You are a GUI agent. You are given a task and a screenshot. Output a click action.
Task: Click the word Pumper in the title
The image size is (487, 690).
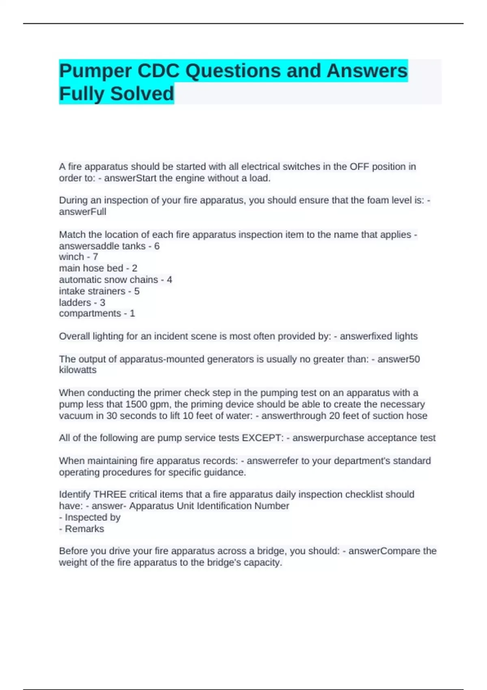point(96,71)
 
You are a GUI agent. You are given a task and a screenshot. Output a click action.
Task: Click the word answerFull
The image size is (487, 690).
point(82,212)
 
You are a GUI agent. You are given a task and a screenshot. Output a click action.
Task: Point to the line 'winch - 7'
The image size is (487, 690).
point(78,257)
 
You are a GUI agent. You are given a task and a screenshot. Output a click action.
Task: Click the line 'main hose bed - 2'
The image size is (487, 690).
point(98,268)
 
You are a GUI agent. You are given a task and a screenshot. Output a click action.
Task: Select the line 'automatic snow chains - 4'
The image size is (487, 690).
point(115,280)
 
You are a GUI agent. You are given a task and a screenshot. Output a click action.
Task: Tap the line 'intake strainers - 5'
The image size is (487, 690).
point(99,291)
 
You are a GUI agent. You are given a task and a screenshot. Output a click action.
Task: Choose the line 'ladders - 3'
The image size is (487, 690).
point(82,302)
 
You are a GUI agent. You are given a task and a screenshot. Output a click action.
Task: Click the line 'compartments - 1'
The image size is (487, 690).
point(97,313)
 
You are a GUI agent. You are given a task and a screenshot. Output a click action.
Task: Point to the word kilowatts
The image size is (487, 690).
point(78,370)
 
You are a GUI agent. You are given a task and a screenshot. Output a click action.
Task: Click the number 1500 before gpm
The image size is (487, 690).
point(136,404)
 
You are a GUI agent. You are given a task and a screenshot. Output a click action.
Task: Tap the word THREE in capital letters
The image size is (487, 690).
point(110,494)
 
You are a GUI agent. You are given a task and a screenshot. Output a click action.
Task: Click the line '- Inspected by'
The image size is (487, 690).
point(90,517)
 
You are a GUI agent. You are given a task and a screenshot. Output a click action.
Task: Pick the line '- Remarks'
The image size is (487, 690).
point(82,529)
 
